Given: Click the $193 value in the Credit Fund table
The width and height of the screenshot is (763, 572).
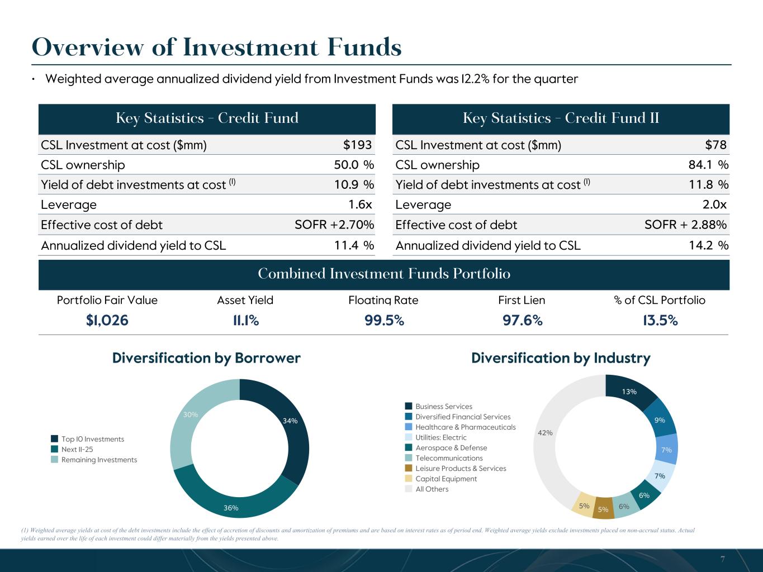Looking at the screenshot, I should pos(357,145).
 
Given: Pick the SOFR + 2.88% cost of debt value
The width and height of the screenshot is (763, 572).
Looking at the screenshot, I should pos(685,225).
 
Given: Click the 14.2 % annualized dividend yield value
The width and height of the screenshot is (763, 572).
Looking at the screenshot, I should pos(707,245).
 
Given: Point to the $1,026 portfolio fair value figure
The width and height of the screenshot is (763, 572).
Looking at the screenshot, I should pos(107,320).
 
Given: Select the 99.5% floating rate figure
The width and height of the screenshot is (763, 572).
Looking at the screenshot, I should pos(383,320).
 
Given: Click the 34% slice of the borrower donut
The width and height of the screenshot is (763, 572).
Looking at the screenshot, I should pos(290,421).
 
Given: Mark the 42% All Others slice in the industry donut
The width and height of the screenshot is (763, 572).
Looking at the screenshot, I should pos(545,432).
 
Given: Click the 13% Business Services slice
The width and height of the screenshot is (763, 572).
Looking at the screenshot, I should pos(629,392).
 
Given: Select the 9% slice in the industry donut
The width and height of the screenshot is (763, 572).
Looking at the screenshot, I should pos(660,420).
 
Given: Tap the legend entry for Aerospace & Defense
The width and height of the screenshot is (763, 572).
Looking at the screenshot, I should pos(451,448).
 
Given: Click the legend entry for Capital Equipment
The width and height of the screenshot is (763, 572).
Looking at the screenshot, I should pos(446,479).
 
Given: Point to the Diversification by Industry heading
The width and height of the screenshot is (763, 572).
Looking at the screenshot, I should pos(561,358).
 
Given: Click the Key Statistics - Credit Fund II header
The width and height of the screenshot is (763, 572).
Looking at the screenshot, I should pos(561,118).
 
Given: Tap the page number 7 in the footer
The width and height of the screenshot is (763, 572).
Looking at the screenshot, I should pos(722,559).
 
